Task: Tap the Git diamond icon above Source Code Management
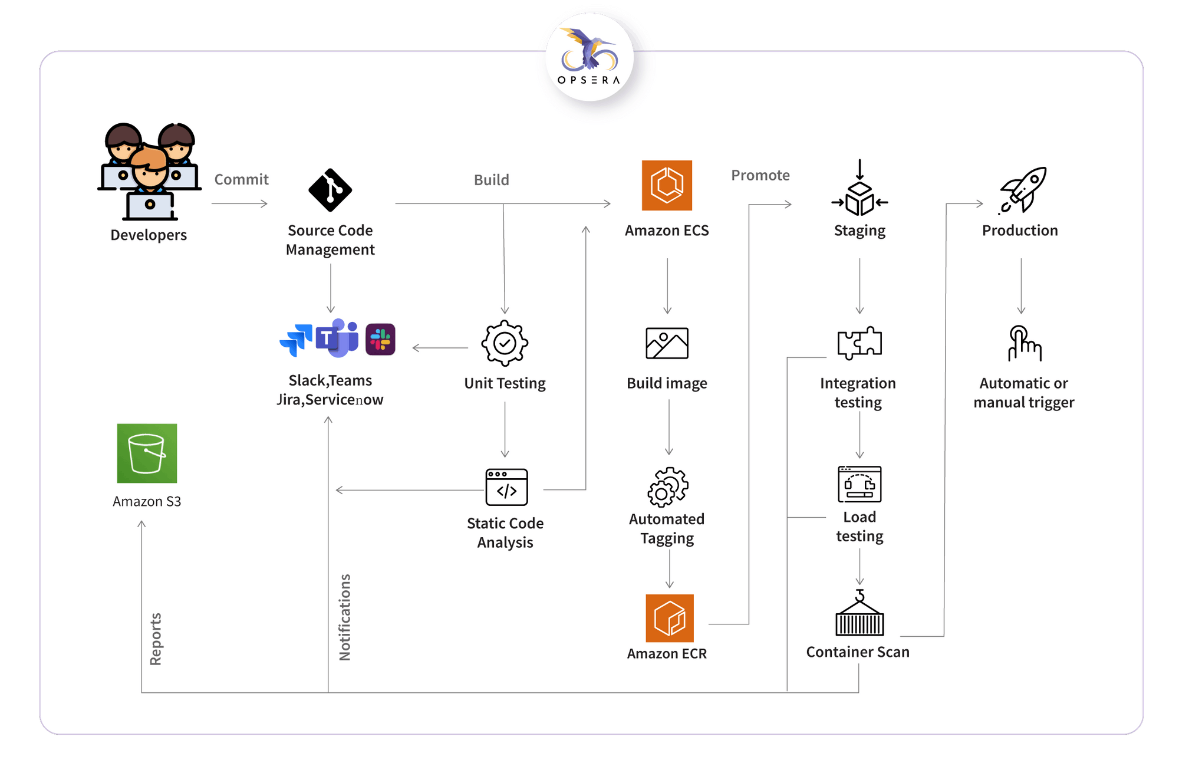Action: click(x=330, y=190)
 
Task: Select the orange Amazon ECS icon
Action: click(x=667, y=185)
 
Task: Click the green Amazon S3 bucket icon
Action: click(x=147, y=453)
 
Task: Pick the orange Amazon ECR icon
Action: click(x=669, y=618)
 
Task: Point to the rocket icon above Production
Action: click(x=1023, y=190)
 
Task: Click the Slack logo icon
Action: click(x=380, y=340)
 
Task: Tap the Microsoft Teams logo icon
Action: click(x=337, y=338)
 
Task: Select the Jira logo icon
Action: click(x=297, y=340)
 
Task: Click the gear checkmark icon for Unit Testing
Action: click(x=505, y=343)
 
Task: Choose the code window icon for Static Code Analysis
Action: click(x=506, y=488)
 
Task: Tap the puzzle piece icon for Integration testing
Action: click(x=859, y=343)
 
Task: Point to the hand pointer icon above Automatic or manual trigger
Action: click(x=1024, y=343)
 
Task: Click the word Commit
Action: click(x=241, y=179)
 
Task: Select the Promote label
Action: click(x=760, y=175)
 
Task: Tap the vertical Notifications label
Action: click(x=345, y=617)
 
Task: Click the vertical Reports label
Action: click(x=156, y=639)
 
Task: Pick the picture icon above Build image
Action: click(x=667, y=343)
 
